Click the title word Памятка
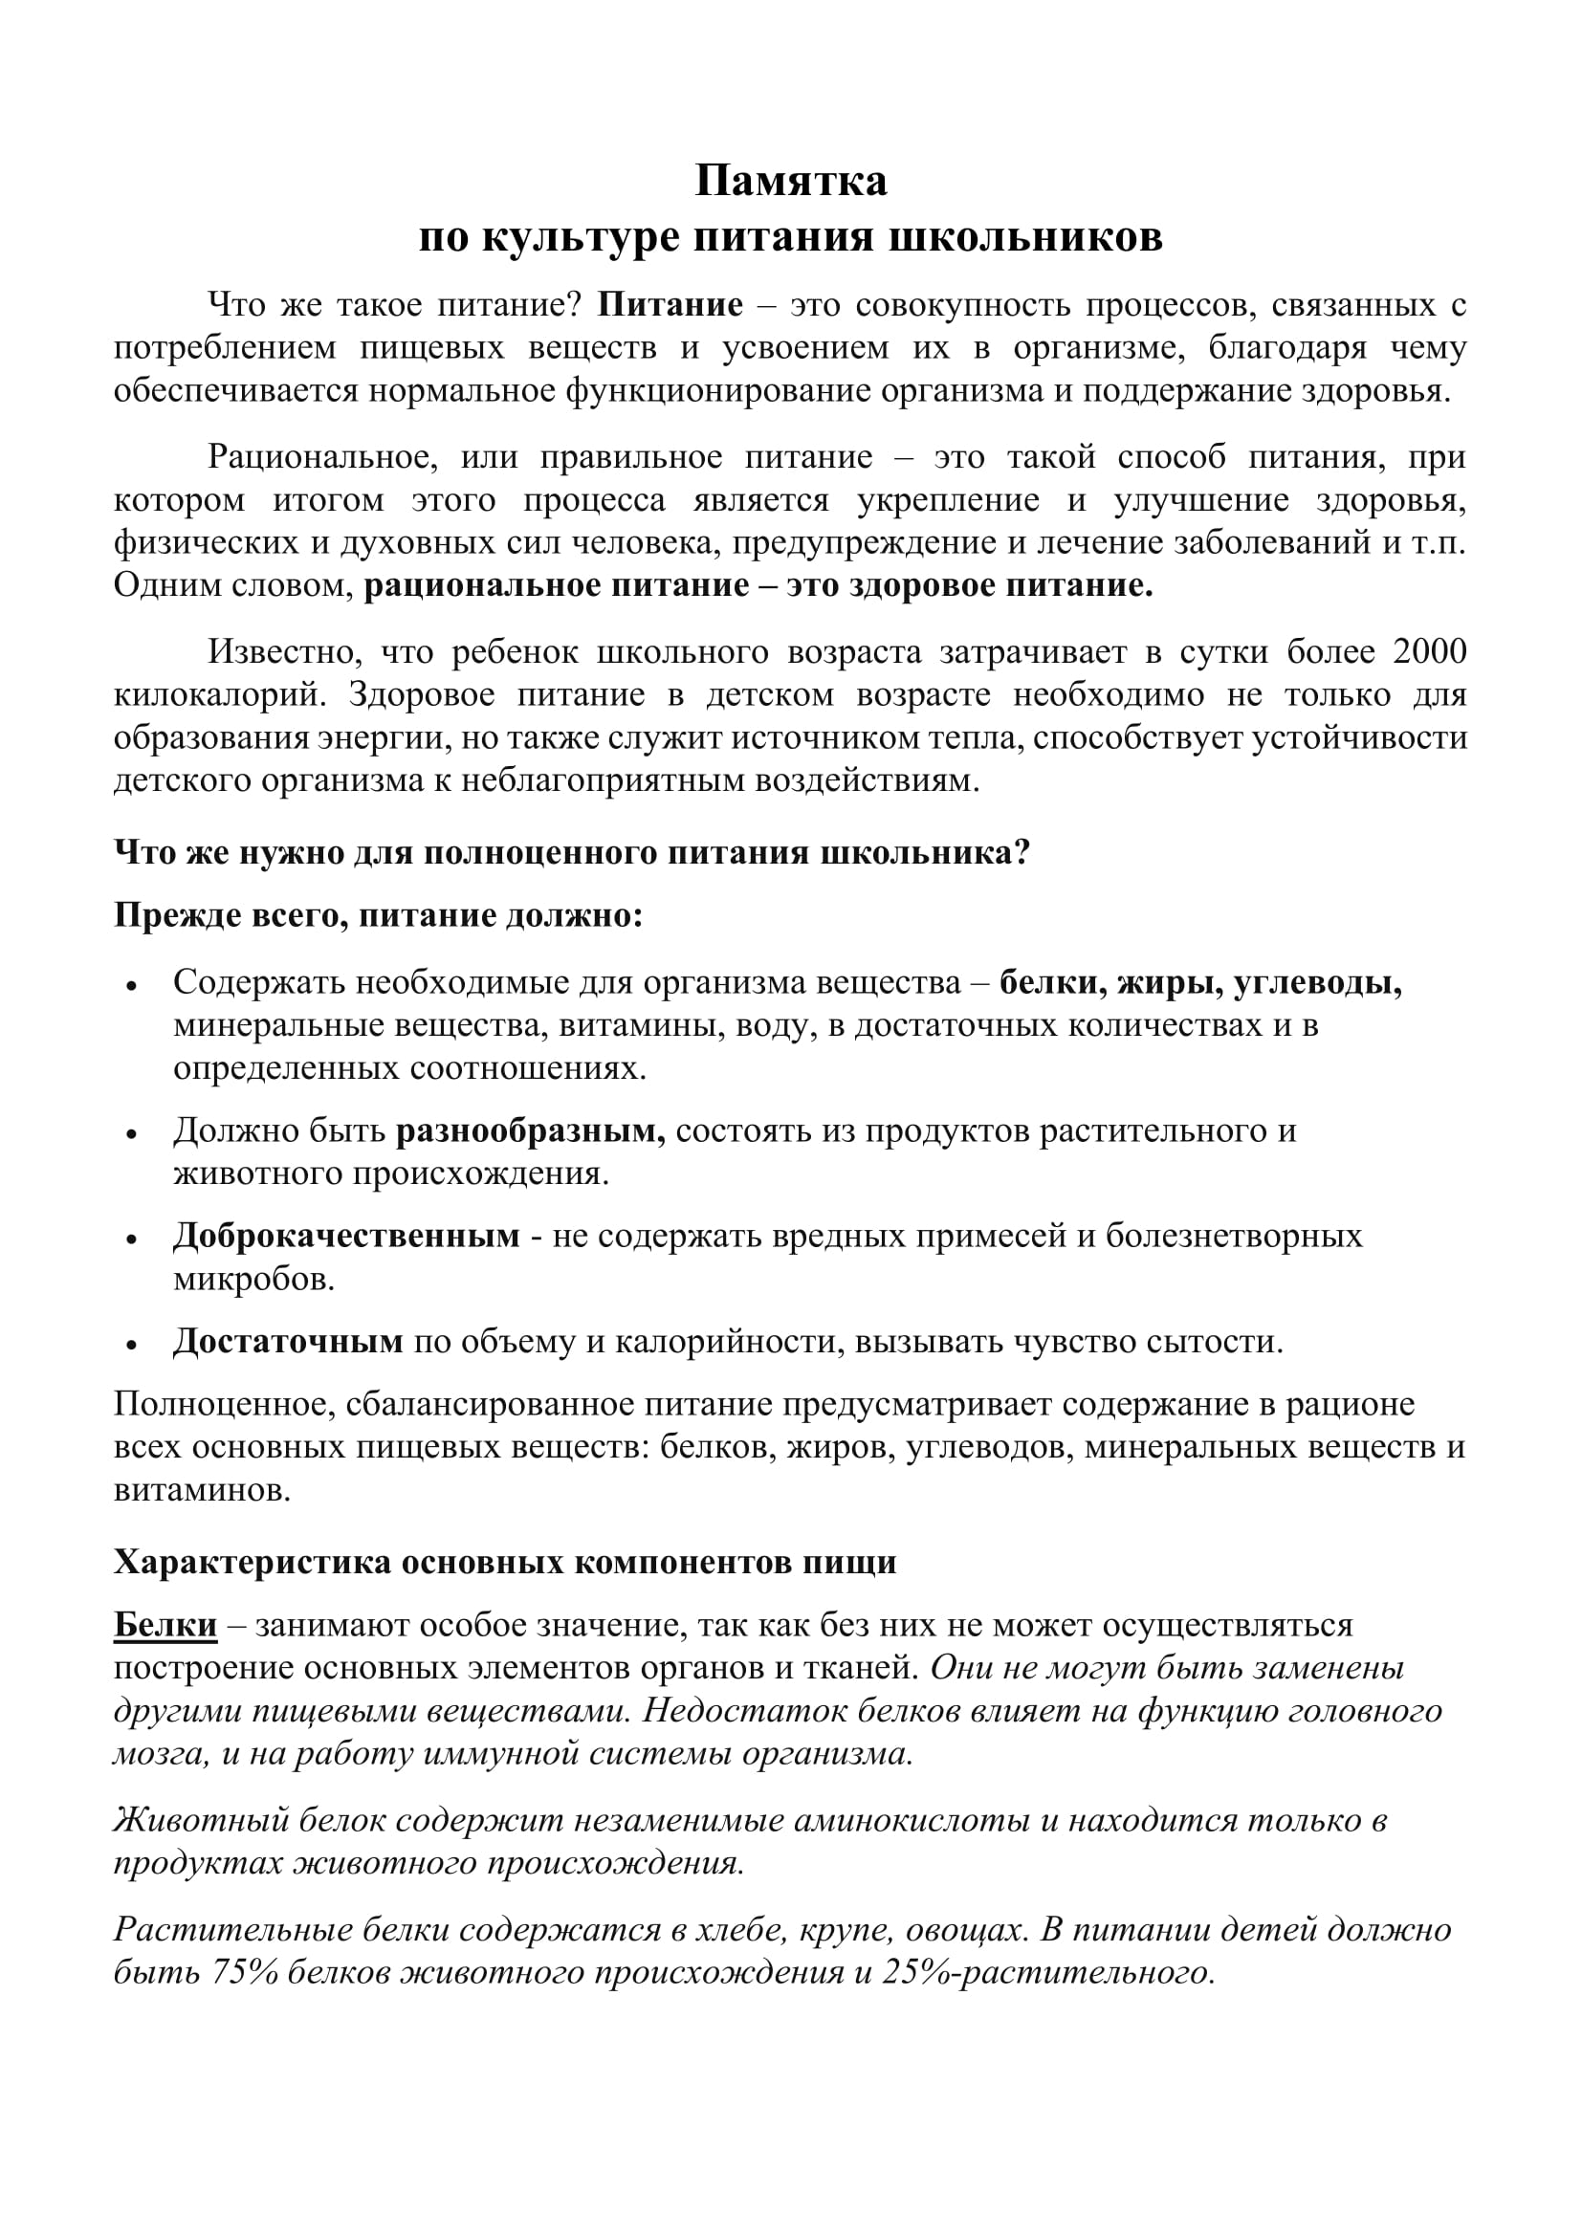pos(790,181)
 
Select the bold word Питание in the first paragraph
pos(670,305)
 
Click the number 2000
pos(1429,652)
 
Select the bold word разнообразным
pos(530,1130)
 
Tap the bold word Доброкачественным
pos(347,1236)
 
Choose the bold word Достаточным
pos(288,1342)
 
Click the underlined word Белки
pos(165,1624)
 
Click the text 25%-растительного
pos(1047,1973)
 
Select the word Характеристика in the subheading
pos(249,1562)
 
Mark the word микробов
pos(254,1279)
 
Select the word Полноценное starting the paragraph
pos(220,1404)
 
